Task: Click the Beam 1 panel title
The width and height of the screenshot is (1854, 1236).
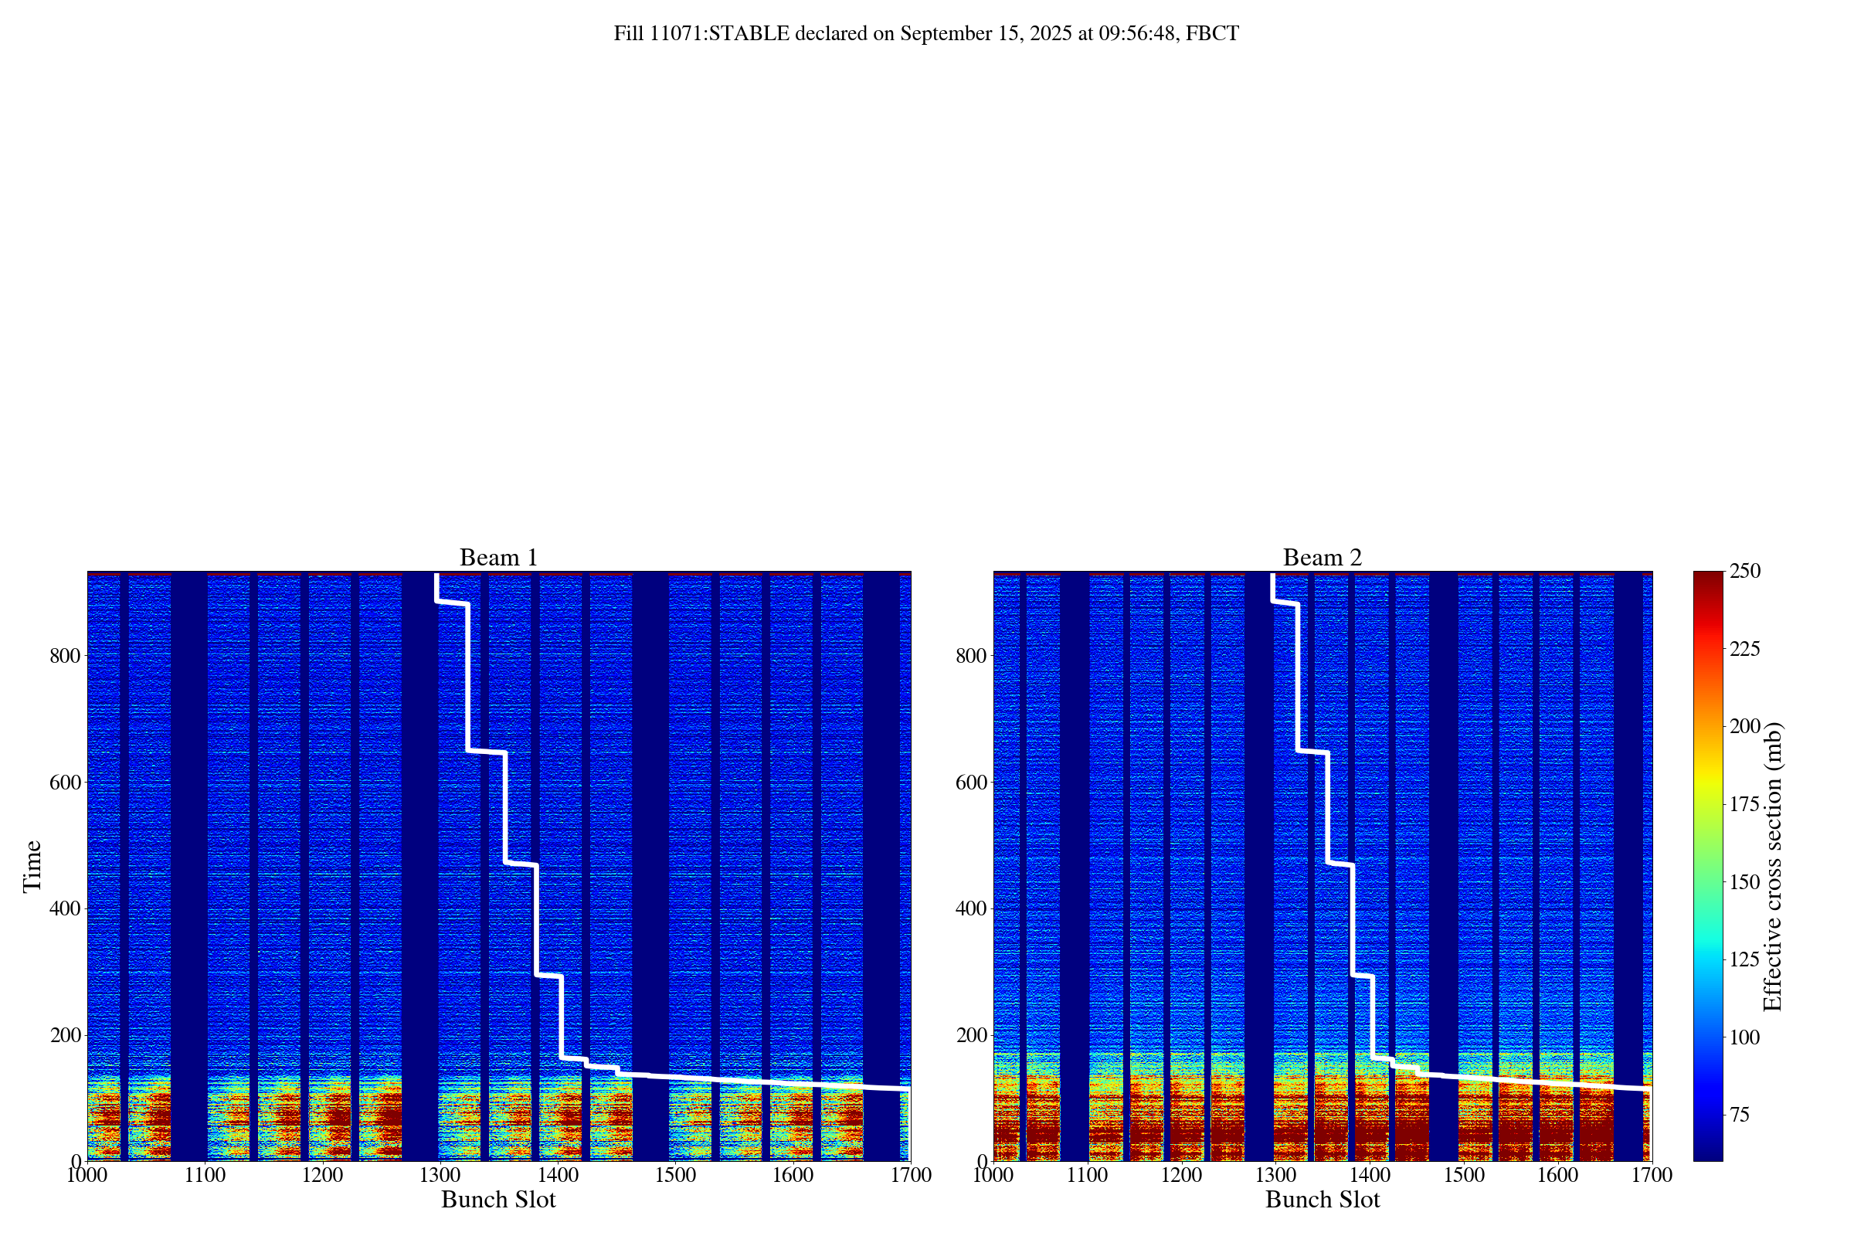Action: click(498, 557)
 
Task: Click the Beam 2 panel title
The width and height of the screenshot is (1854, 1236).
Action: click(1322, 557)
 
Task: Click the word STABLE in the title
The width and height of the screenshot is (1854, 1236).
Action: click(749, 34)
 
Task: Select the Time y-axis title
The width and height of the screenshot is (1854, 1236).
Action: click(32, 865)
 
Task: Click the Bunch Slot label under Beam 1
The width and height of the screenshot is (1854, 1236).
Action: click(498, 1200)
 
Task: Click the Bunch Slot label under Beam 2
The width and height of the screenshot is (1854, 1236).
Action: click(1322, 1200)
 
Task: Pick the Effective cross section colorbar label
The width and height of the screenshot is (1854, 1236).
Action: click(1771, 865)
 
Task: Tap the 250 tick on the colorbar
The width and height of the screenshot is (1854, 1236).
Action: click(1745, 572)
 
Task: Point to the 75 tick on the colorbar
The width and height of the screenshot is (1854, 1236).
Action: click(1740, 1115)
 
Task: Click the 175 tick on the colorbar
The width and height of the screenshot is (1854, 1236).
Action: click(1745, 804)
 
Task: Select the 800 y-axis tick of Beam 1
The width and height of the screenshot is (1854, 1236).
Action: click(66, 656)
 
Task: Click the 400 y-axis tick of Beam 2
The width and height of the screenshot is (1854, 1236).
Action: click(971, 908)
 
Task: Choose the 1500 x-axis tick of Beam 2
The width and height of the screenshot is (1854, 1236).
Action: click(1464, 1175)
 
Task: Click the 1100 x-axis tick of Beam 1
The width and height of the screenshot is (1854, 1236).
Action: click(205, 1175)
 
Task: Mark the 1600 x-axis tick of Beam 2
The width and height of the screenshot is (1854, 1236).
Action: click(1557, 1175)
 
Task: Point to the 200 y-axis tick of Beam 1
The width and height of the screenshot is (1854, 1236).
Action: click(66, 1035)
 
